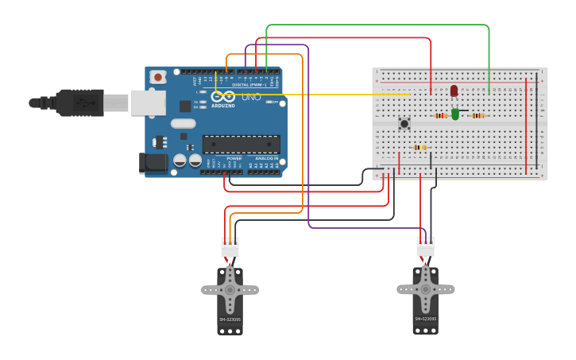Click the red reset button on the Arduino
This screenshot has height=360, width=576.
[158, 77]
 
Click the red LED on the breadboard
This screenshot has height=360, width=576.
[454, 91]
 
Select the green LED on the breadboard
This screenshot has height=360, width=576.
[455, 114]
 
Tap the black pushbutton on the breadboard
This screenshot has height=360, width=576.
[404, 123]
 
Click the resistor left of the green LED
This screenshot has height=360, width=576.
[441, 115]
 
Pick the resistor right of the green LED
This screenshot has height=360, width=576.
[477, 115]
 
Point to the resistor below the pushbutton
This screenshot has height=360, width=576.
[420, 147]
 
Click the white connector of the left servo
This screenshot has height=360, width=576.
[230, 247]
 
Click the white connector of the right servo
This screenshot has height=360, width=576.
[426, 246]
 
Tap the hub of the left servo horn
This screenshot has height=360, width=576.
[230, 290]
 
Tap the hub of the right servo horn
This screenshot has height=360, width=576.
[425, 288]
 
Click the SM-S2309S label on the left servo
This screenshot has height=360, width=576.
[230, 319]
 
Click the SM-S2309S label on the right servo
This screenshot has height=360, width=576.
[426, 319]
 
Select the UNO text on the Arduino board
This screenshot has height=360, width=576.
[251, 97]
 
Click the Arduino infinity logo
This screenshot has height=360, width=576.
[222, 96]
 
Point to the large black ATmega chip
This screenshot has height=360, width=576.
[241, 144]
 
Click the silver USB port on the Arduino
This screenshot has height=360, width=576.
[148, 103]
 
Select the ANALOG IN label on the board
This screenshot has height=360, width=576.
[267, 158]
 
